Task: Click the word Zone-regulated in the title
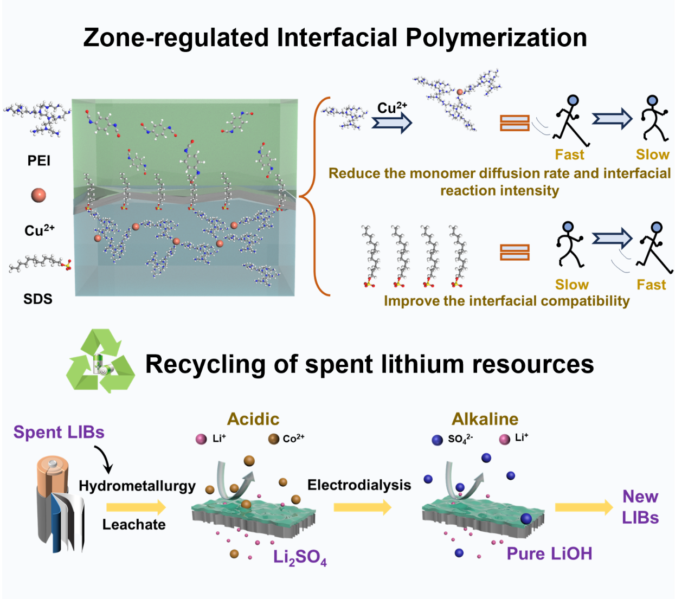(x=176, y=38)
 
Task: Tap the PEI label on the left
(x=38, y=160)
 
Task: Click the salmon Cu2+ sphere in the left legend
(x=38, y=195)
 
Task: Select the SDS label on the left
(x=38, y=299)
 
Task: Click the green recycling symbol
(x=100, y=361)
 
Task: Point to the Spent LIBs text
(x=59, y=432)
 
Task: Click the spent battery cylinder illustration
(x=60, y=504)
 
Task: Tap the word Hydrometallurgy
(x=137, y=486)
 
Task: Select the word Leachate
(x=134, y=525)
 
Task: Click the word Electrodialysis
(x=359, y=485)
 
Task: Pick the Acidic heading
(x=253, y=419)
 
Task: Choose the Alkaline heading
(x=485, y=419)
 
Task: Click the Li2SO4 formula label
(x=300, y=557)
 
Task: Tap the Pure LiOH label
(x=549, y=553)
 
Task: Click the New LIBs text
(x=640, y=507)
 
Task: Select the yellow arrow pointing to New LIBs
(x=583, y=507)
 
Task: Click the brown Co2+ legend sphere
(x=274, y=439)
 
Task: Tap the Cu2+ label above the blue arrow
(x=392, y=107)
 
